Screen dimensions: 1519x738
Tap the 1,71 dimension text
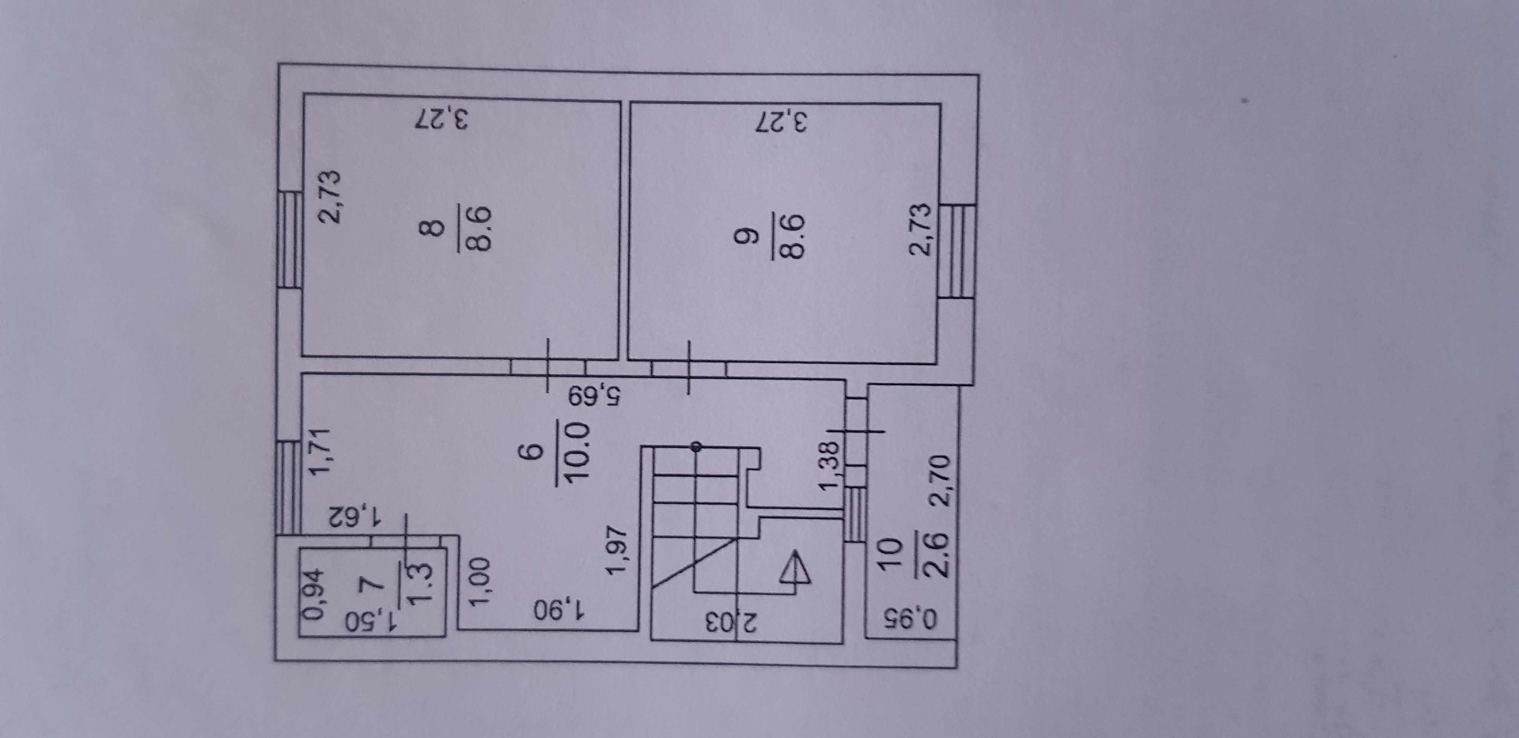(x=323, y=452)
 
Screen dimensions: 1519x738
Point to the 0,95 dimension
(x=910, y=618)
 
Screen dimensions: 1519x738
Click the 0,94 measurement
(x=315, y=593)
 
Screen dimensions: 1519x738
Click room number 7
(x=370, y=585)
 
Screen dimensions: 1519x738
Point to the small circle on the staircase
(x=695, y=447)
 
